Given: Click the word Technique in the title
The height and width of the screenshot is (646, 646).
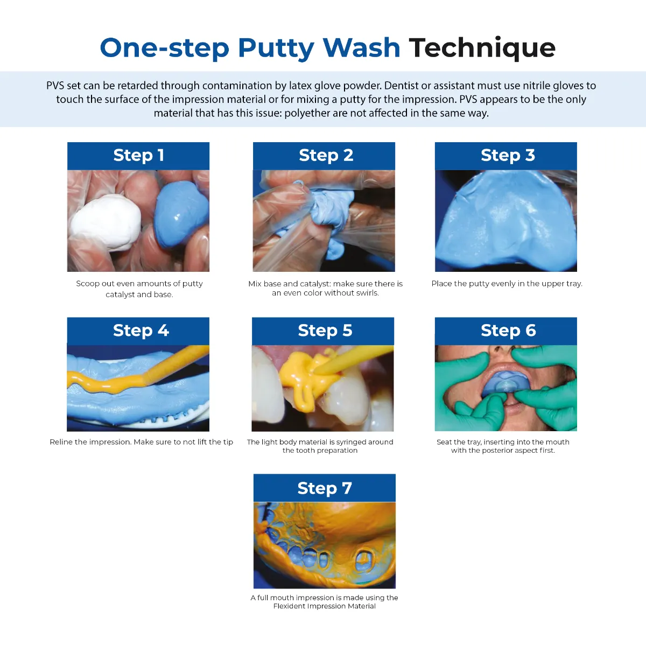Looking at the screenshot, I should click(482, 48).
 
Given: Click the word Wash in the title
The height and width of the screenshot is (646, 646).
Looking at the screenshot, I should click(361, 48).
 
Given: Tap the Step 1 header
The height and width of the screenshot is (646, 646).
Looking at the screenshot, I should click(138, 156).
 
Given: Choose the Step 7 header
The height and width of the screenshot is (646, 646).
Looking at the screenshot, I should click(325, 488).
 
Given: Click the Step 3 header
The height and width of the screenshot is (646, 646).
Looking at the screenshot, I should click(507, 156).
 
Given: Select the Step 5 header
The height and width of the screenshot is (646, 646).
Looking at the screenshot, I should click(325, 331).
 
